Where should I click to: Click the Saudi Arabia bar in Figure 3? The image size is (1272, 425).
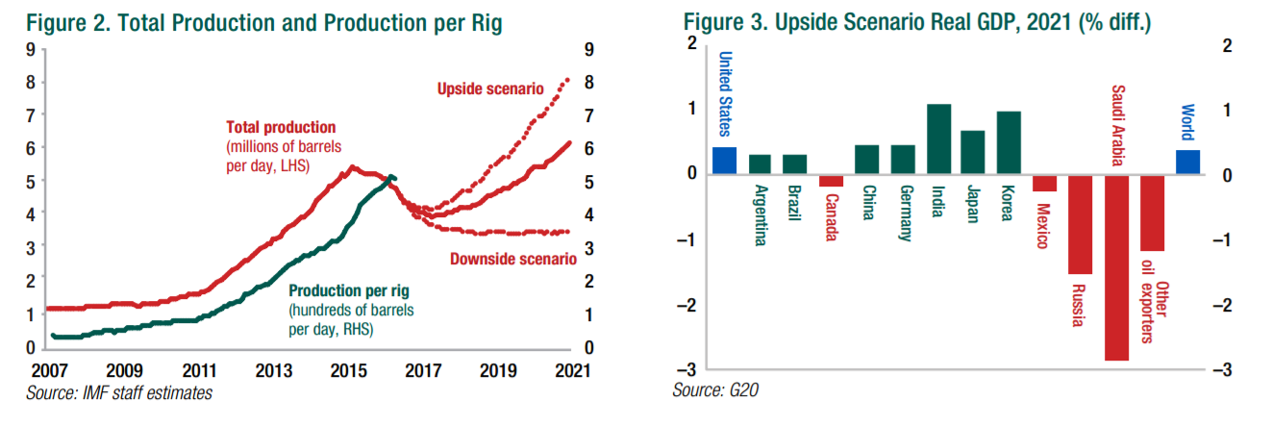pyautogui.click(x=1116, y=267)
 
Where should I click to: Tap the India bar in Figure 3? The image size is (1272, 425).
pyautogui.click(x=938, y=139)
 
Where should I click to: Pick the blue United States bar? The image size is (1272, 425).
pyautogui.click(x=724, y=161)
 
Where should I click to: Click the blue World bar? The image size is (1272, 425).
pyautogui.click(x=1187, y=162)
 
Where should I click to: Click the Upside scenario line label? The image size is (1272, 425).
pyautogui.click(x=490, y=89)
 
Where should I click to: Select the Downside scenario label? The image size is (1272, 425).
pyautogui.click(x=512, y=259)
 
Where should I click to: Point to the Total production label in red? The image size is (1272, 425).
pyautogui.click(x=281, y=127)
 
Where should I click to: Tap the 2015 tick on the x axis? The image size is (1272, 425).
pyautogui.click(x=348, y=369)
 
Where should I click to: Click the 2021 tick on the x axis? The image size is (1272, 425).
pyautogui.click(x=571, y=369)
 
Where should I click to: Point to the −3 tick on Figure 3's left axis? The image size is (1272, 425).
pyautogui.click(x=691, y=370)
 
